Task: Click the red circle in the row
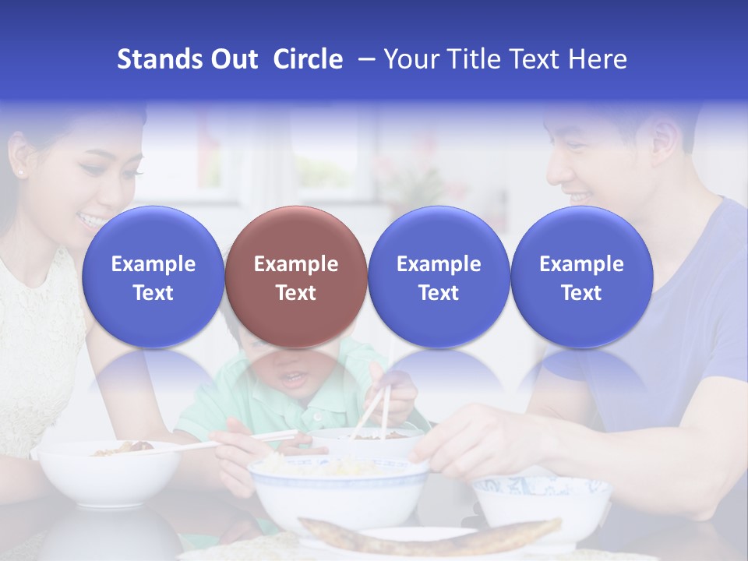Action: point(296,277)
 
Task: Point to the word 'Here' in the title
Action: point(598,59)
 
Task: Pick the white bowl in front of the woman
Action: point(109,475)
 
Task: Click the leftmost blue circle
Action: point(153,277)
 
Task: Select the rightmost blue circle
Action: point(582,277)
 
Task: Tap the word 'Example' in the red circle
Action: point(296,264)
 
